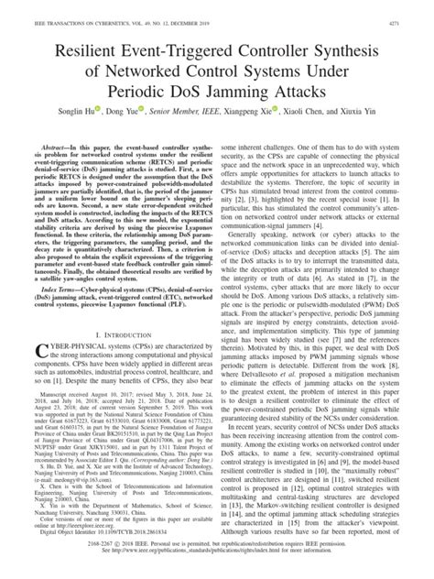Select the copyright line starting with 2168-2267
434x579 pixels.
tap(217, 555)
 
